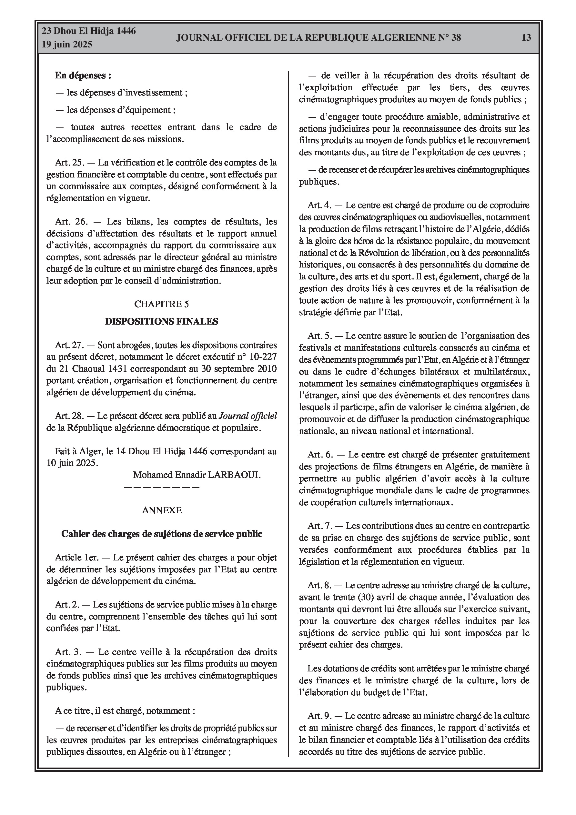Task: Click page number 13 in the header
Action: [526, 38]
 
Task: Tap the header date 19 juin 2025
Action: [67, 45]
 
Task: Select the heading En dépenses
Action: [83, 75]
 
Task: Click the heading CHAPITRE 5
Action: [162, 304]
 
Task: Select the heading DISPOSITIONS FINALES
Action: [162, 322]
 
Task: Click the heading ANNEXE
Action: [162, 510]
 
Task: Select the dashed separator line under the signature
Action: [162, 487]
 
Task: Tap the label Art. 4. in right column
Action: [319, 205]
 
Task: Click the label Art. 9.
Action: [319, 716]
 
